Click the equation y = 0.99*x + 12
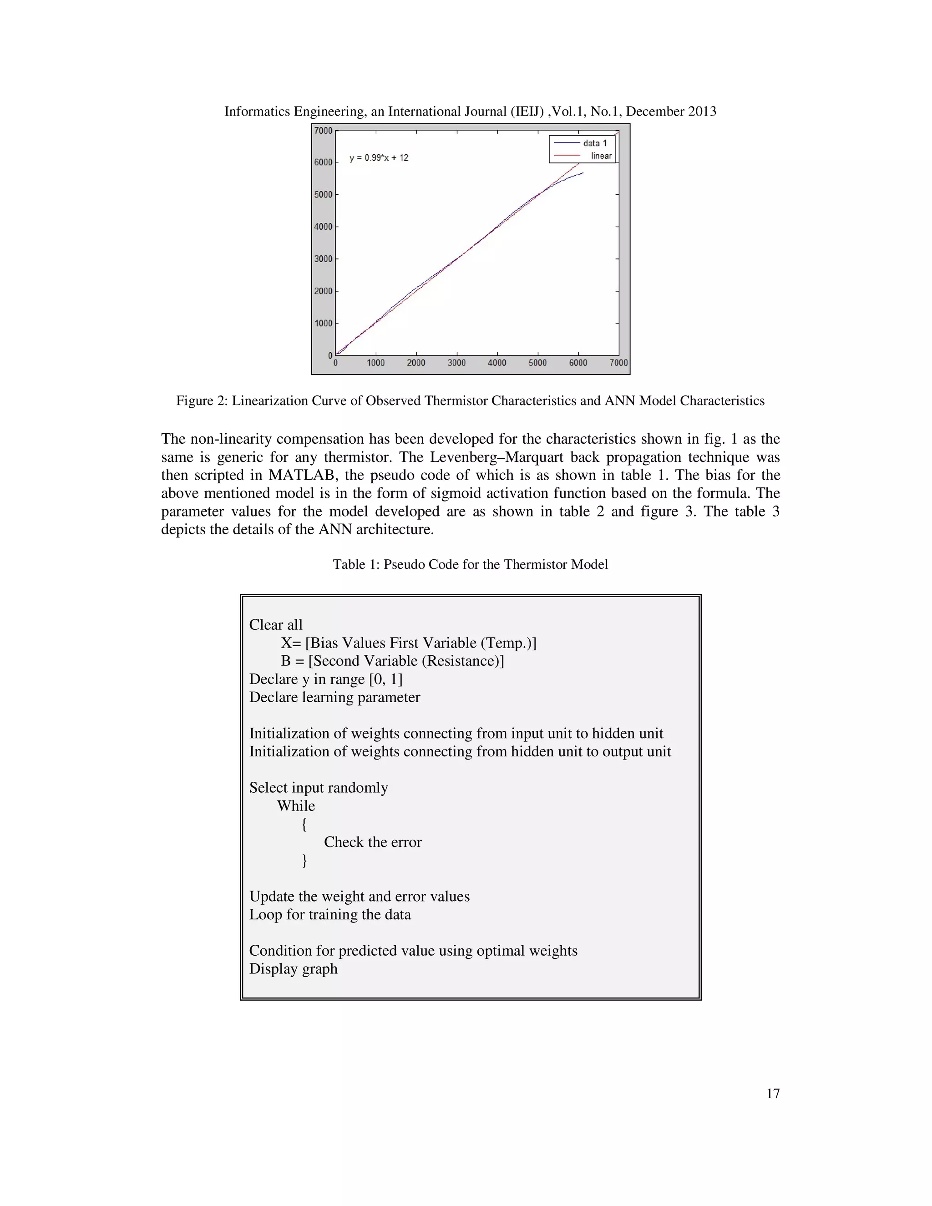point(379,158)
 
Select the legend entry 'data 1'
point(595,143)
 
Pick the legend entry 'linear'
point(601,156)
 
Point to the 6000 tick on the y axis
point(323,162)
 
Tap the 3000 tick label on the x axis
point(456,363)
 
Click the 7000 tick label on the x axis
point(618,363)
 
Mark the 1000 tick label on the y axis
point(323,324)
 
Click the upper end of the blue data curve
point(583,173)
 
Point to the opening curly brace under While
point(304,825)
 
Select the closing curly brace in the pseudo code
point(304,860)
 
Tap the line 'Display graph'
point(293,968)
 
